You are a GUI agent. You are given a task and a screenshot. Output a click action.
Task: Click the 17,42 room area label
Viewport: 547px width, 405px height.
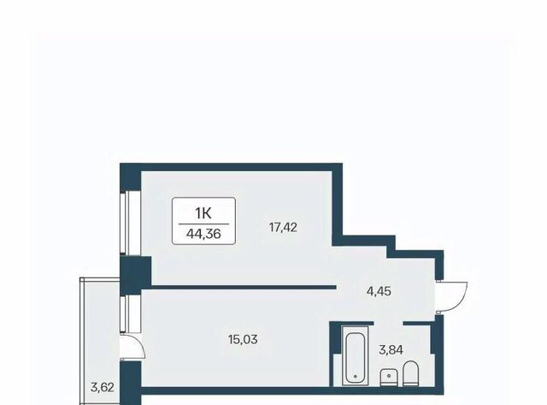(x=283, y=228)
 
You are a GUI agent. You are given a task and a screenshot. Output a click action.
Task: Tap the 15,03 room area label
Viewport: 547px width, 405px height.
(x=243, y=339)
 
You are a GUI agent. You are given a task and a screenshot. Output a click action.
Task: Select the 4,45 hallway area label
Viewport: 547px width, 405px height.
(x=379, y=291)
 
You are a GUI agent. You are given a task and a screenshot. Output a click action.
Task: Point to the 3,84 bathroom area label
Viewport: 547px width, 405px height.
(x=391, y=349)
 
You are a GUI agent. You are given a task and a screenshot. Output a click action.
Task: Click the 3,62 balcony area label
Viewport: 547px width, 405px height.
(x=103, y=387)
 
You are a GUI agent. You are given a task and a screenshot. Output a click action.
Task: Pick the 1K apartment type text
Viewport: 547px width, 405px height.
(x=203, y=213)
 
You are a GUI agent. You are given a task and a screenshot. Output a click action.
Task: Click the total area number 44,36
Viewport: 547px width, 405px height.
(x=203, y=234)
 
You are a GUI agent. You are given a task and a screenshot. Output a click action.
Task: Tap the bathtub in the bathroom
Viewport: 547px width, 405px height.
(x=355, y=355)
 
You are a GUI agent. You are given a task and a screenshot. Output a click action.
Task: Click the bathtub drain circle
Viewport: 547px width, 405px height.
(x=356, y=377)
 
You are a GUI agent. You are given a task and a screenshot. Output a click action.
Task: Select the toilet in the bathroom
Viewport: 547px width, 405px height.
(x=410, y=373)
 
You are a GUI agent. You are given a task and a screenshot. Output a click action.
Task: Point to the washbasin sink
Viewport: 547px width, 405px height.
(x=389, y=378)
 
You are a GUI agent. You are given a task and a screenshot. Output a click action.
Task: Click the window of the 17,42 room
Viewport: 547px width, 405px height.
(x=126, y=223)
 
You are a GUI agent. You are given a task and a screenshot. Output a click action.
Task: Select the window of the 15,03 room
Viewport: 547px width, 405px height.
(x=126, y=313)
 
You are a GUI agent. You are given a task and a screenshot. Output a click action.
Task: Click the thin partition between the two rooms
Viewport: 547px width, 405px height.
(x=244, y=287)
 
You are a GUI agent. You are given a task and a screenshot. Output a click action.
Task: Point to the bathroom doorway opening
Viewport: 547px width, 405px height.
(x=389, y=324)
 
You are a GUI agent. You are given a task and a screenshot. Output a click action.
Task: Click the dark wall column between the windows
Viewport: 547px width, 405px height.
(x=135, y=275)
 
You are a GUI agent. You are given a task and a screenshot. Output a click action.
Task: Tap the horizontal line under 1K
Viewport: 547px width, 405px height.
(x=203, y=223)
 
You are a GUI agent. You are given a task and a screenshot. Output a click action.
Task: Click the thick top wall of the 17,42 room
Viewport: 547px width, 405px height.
(x=232, y=167)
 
